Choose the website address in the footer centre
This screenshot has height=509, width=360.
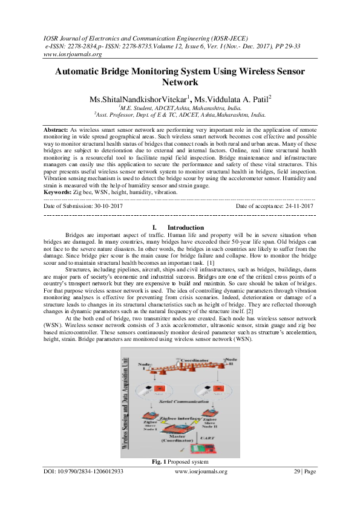201,472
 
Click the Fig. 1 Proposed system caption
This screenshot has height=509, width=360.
180,462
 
